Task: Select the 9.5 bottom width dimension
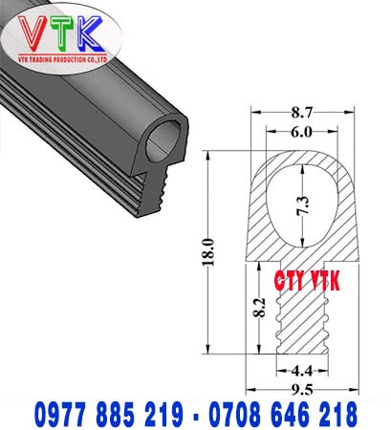click(303, 389)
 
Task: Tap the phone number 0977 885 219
click(113, 414)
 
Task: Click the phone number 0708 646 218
click(284, 414)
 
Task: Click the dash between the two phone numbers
click(199, 415)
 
